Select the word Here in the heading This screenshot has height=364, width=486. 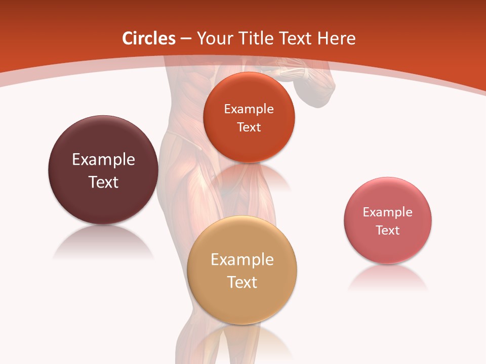[336, 38]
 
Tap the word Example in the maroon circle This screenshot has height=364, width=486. [103, 160]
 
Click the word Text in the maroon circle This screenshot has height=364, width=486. [103, 182]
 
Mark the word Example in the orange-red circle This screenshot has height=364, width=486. [249, 109]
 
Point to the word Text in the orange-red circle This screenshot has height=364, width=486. [249, 127]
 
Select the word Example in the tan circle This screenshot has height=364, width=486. [242, 260]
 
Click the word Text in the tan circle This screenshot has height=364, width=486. [242, 282]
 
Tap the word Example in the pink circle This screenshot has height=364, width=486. [387, 212]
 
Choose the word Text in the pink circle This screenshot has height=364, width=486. [387, 231]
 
